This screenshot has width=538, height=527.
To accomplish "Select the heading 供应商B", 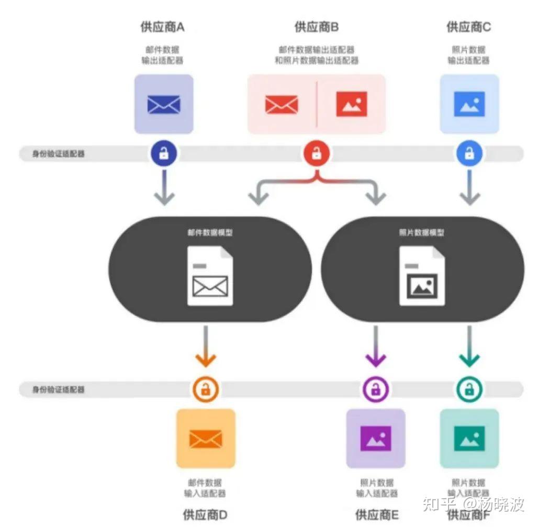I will (316, 27).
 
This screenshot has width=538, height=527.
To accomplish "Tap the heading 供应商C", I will (469, 27).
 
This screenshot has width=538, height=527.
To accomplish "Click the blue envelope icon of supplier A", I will (164, 104).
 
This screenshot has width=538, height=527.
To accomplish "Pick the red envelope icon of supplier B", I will (282, 104).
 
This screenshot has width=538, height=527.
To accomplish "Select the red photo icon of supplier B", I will (351, 104).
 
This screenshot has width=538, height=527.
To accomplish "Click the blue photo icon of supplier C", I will (469, 104).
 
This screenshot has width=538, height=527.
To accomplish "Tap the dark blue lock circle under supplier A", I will (164, 153).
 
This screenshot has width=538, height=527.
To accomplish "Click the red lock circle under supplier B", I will (317, 153).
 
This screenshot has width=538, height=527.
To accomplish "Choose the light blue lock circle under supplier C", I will (469, 153).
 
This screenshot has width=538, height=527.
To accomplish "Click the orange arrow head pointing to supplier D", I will (205, 359).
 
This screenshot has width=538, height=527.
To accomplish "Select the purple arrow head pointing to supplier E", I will (376, 359).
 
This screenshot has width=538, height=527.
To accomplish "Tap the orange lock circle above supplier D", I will (205, 389).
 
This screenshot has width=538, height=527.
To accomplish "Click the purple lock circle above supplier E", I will (376, 389).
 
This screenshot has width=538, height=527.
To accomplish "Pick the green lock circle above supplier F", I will (469, 389).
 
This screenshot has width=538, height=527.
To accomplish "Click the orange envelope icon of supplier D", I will (206, 439).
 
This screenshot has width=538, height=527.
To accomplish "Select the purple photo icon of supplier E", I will (376, 439).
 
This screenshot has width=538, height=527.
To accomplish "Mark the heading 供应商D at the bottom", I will (205, 514).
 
